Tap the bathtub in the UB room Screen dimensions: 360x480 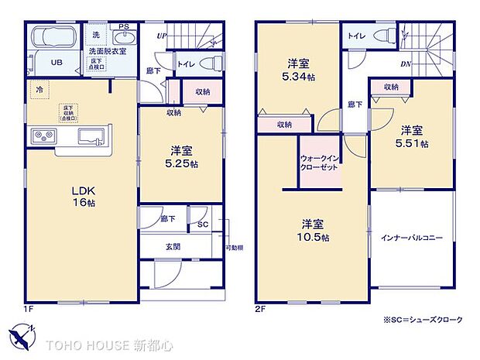pyautogui.click(x=52, y=38)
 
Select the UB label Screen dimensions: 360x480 pyautogui.click(x=57, y=63)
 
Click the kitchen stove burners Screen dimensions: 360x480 pyautogui.click(x=43, y=137)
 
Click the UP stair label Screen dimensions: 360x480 pyautogui.click(x=161, y=36)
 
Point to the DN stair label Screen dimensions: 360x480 pyautogui.click(x=405, y=64)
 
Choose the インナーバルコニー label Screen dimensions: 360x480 pyautogui.click(x=410, y=238)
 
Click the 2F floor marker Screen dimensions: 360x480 pyautogui.click(x=259, y=308)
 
